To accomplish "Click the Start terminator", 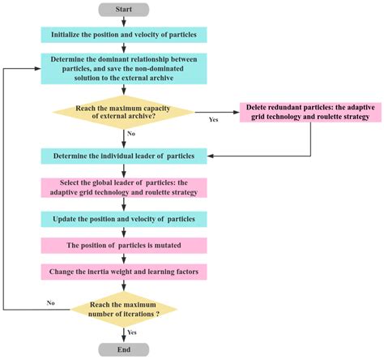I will pyautogui.click(x=124, y=10).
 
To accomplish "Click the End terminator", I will pyautogui.click(x=124, y=349).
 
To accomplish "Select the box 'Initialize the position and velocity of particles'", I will pyautogui.click(x=123, y=36).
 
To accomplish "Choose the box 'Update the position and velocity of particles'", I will pyautogui.click(x=123, y=220).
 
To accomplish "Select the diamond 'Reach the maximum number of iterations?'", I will pyautogui.click(x=123, y=307).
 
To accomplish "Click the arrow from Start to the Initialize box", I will pyautogui.click(x=124, y=22).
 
